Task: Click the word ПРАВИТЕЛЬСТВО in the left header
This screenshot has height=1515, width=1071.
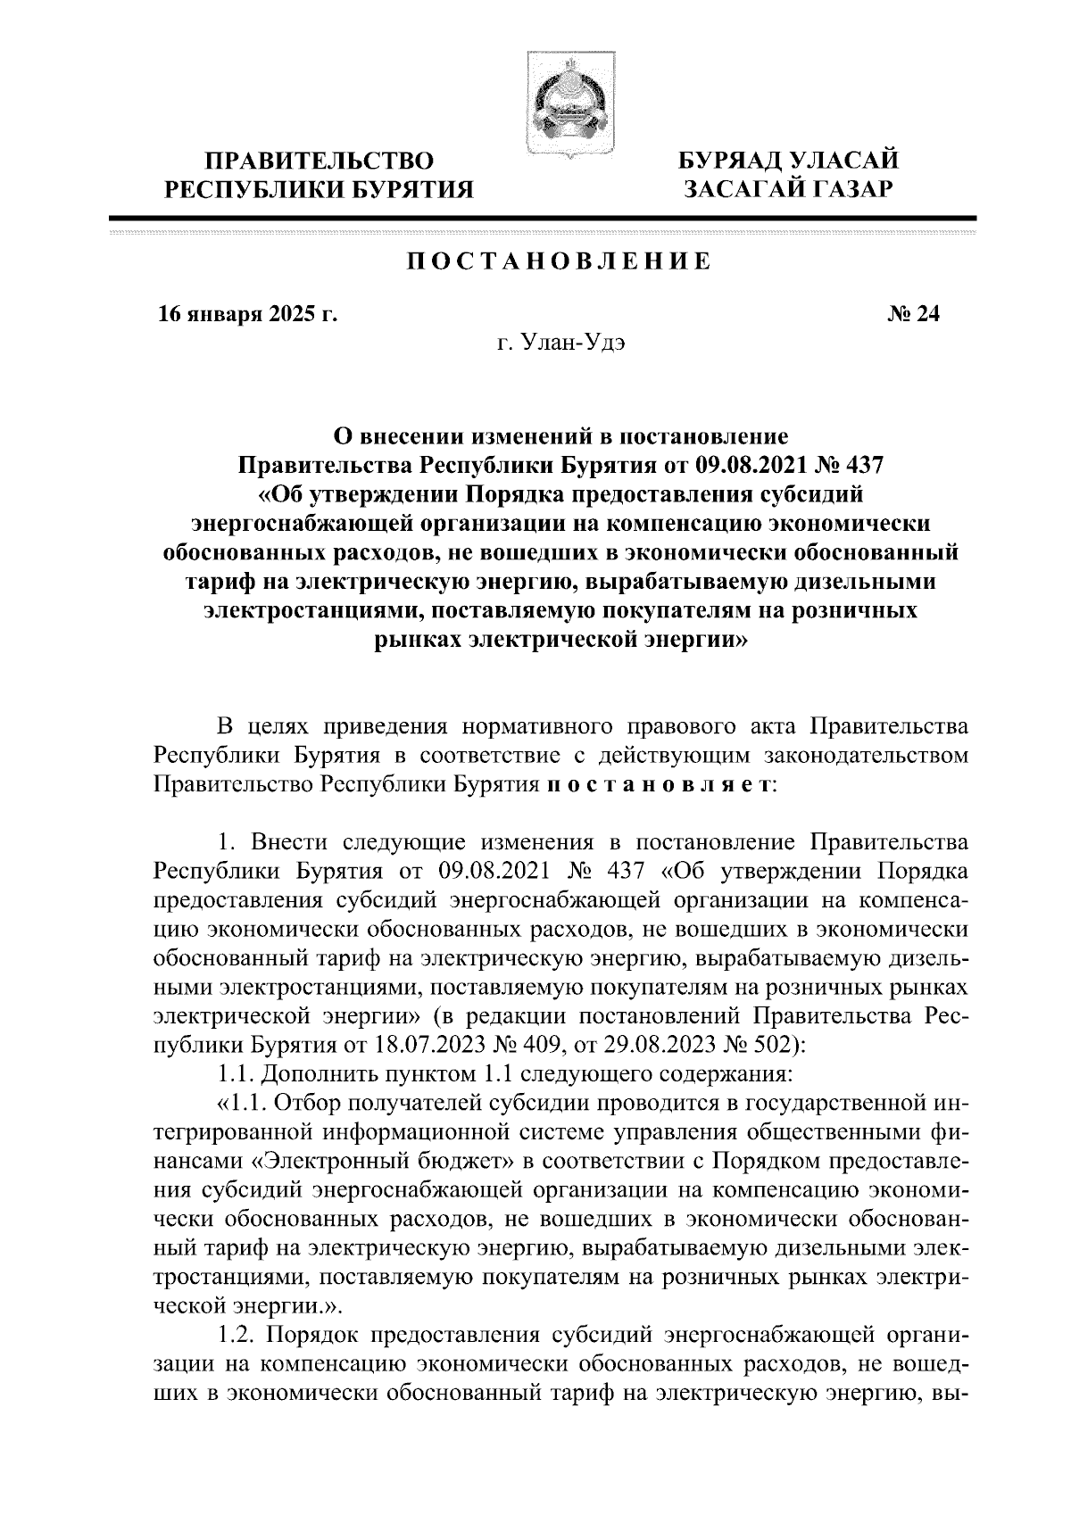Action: point(320,161)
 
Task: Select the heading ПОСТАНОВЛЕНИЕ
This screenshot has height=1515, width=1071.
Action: point(559,261)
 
